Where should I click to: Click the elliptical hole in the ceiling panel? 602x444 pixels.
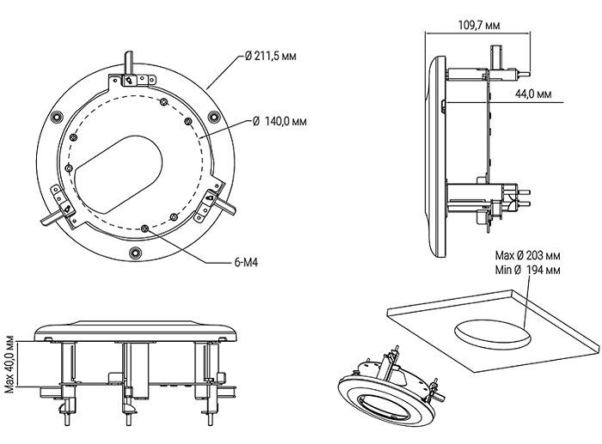click(489, 333)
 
